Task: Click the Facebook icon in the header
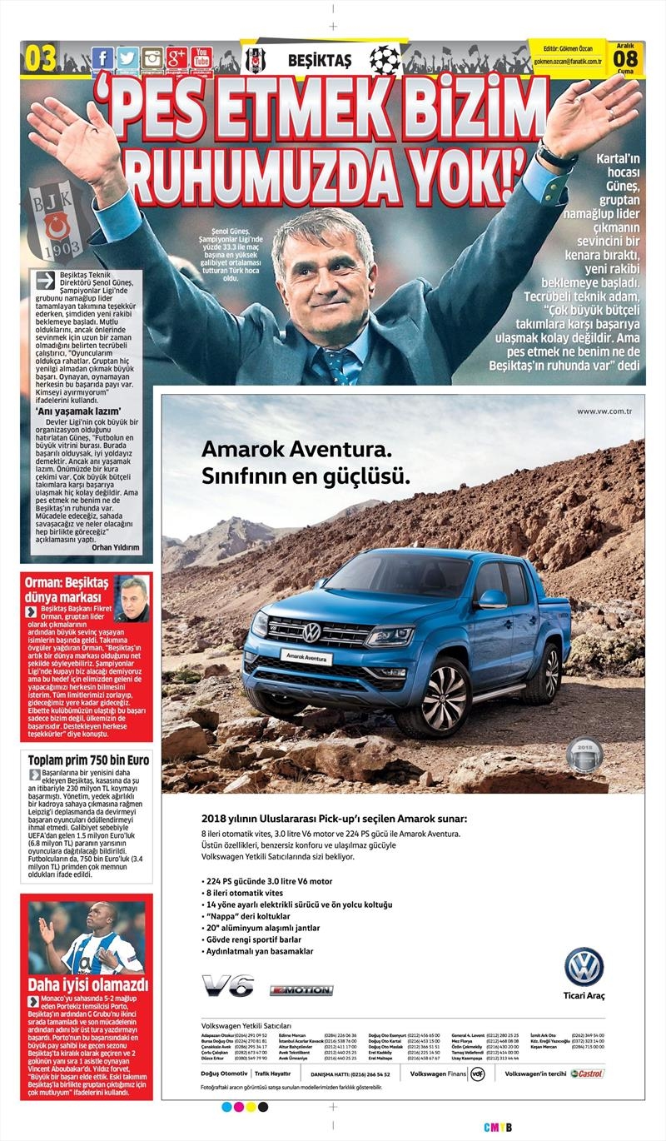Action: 102,58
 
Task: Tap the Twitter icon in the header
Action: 127,58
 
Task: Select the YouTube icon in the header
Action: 201,58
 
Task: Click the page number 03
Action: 41,59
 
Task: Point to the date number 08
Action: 625,59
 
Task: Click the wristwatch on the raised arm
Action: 556,156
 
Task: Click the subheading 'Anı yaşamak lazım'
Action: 79,411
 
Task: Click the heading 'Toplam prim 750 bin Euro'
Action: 88,760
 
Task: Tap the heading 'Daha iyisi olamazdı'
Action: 88,985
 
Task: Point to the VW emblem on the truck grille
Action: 311,632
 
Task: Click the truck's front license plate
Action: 306,657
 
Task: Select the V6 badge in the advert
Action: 227,985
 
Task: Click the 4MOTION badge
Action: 301,990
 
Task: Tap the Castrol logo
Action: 588,1074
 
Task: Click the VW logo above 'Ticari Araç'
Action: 584,967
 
